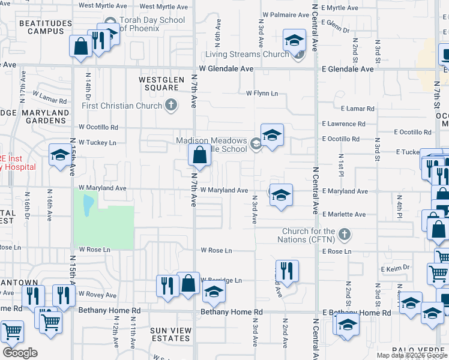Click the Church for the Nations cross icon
[x=344, y=234]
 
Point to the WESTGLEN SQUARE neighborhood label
[x=159, y=83]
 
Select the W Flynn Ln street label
[x=262, y=94]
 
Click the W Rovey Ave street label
[x=97, y=295]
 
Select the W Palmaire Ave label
[x=285, y=14]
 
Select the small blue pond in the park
[x=88, y=206]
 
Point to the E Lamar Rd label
[x=357, y=109]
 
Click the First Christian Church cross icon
[x=171, y=106]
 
